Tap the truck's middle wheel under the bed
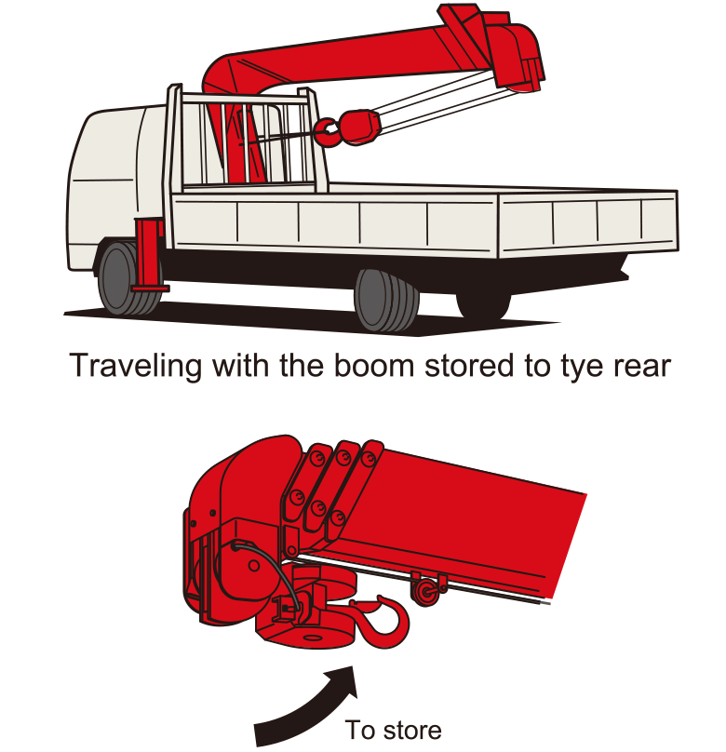click(x=385, y=301)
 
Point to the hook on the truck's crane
click(x=327, y=131)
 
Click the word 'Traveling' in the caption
click(x=135, y=367)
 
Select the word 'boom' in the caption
click(x=374, y=366)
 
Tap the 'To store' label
click(x=393, y=731)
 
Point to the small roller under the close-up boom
click(x=424, y=591)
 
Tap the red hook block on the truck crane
click(x=358, y=127)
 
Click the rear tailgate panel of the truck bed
click(x=588, y=222)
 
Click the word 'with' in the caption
click(x=242, y=366)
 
